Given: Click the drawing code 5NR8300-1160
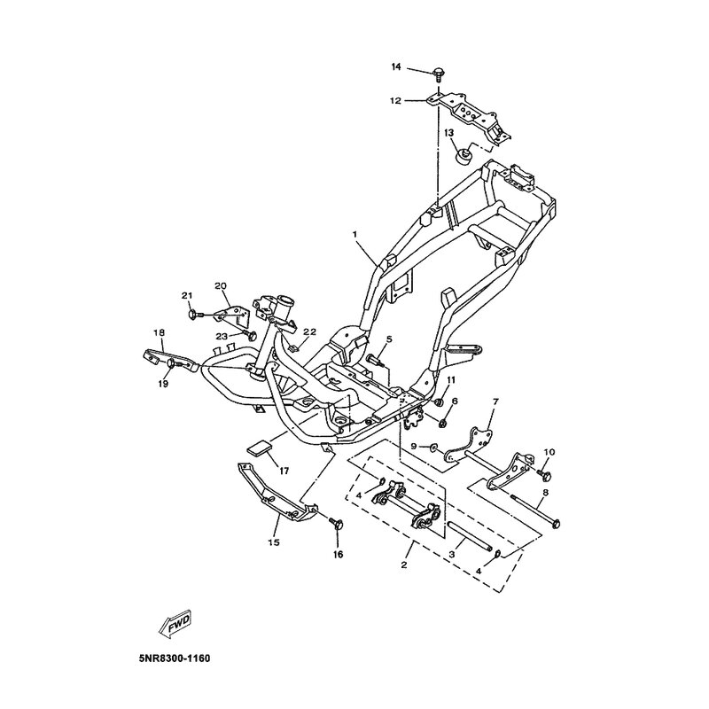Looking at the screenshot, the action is (x=175, y=658).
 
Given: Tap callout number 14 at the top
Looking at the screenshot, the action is (x=396, y=67).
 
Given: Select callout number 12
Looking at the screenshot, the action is (x=395, y=101).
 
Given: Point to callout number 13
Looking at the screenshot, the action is (x=448, y=133).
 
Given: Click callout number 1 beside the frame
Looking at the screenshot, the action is (x=355, y=234).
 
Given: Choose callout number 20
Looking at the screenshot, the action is (x=221, y=285).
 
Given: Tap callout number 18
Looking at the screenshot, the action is (x=159, y=332).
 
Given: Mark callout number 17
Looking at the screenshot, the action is (x=284, y=471).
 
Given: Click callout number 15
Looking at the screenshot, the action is (x=274, y=542).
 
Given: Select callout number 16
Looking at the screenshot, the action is (x=339, y=555).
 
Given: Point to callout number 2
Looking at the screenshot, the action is (x=404, y=565).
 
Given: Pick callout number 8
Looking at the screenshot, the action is (x=545, y=493).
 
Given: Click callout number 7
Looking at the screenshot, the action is (x=495, y=401).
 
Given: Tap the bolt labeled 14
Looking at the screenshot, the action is (x=438, y=74).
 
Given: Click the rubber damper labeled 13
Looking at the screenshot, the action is (x=463, y=158).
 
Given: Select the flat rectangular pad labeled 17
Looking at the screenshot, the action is (x=259, y=448).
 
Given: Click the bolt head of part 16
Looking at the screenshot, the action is (x=338, y=524).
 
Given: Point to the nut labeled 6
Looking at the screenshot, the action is (x=444, y=424).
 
